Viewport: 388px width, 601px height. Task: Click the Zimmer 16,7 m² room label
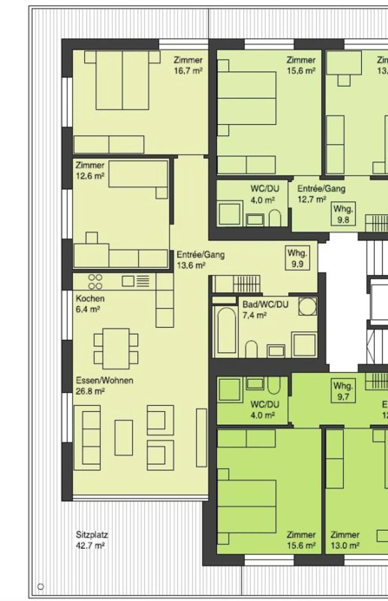(x=188, y=65)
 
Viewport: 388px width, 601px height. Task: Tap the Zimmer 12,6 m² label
(x=90, y=170)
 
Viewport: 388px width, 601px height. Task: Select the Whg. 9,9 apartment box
(x=297, y=258)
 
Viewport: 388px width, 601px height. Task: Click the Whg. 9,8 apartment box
(x=343, y=214)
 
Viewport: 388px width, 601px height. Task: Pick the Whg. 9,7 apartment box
(x=343, y=391)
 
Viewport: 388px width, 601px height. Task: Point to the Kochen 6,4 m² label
(x=90, y=304)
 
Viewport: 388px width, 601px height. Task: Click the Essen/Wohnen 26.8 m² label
(x=104, y=386)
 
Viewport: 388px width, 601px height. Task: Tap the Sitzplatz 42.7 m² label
(x=92, y=540)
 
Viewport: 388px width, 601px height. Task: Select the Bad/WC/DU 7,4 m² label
(x=265, y=310)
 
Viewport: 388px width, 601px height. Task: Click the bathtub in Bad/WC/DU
(x=226, y=330)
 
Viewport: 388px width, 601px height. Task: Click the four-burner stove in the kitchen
(x=95, y=282)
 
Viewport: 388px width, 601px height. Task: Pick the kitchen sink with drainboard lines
(x=136, y=281)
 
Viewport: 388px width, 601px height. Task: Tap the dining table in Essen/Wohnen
(x=116, y=349)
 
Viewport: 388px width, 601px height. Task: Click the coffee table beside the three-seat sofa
(x=124, y=438)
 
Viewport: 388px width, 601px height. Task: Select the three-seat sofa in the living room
(x=87, y=438)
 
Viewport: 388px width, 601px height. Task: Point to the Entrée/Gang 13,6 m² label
(x=200, y=260)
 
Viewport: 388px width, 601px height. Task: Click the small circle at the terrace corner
(x=41, y=587)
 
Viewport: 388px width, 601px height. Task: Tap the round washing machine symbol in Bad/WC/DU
(x=307, y=306)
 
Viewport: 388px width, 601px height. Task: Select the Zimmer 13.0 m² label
(x=345, y=540)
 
